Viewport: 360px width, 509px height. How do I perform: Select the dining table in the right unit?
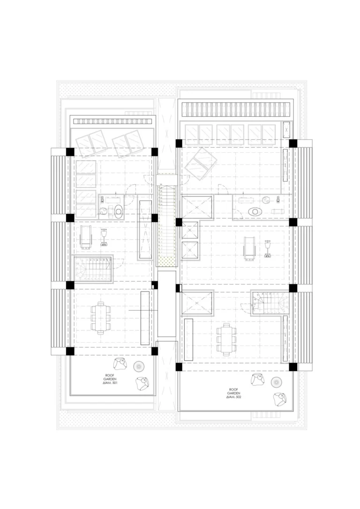pos(226,338)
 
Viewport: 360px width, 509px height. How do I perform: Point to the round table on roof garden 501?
pos(139,366)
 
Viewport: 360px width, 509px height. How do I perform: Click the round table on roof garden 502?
pos(277,382)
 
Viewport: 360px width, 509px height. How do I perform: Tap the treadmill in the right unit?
pos(249,247)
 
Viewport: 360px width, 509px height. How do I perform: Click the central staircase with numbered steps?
pos(167,220)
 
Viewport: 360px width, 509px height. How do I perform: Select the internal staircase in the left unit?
pos(94,269)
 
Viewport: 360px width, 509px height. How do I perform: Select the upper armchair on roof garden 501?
pos(120,364)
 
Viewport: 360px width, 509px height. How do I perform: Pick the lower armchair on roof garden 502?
pos(279,399)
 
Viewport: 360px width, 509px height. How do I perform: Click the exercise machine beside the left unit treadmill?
pos(104,237)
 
